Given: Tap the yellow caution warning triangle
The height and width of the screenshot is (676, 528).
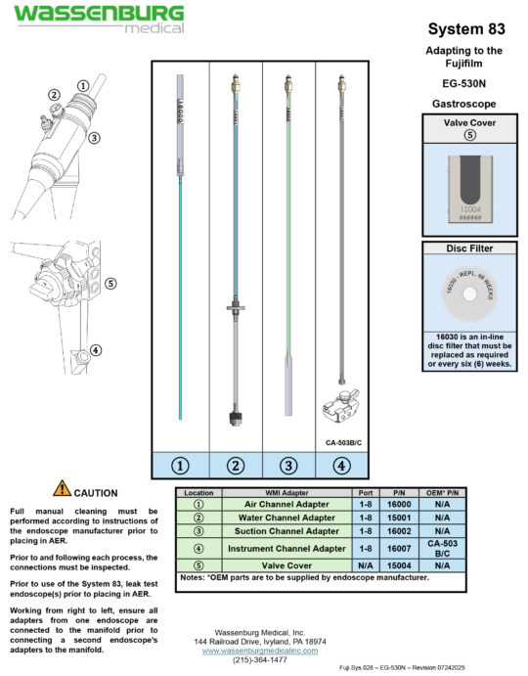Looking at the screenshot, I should coord(62,488).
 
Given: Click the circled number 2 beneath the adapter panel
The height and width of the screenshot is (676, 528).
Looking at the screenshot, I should coord(235,466).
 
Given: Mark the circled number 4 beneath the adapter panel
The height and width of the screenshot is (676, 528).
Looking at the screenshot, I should coord(340,466).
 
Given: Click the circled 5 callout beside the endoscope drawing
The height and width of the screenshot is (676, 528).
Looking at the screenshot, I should coord(110,284).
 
